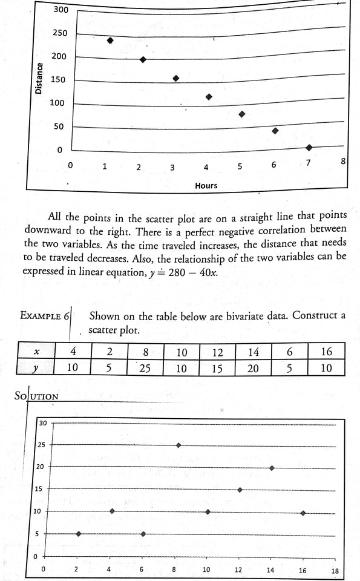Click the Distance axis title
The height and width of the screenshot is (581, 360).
tap(39, 79)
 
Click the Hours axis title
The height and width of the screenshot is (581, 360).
tap(206, 186)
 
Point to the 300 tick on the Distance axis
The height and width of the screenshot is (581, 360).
tap(61, 10)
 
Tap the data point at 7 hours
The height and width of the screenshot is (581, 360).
tap(309, 147)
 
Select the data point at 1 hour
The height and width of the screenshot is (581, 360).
tap(110, 41)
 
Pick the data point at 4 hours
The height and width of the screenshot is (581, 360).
tap(209, 97)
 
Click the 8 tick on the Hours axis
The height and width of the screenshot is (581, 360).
tap(343, 161)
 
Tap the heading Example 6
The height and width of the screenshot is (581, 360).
tap(45, 315)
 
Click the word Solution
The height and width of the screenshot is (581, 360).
tap(36, 396)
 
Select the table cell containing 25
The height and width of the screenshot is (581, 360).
tap(143, 367)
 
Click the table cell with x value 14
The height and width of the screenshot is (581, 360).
tap(254, 352)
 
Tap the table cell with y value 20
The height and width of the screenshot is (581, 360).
tap(254, 367)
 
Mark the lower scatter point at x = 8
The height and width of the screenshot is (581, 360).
tap(178, 445)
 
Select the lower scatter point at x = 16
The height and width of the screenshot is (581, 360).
tap(303, 513)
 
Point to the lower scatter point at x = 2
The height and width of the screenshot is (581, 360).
tap(79, 534)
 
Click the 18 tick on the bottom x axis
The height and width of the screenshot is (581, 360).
tap(335, 571)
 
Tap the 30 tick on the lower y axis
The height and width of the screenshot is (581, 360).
tap(43, 423)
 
